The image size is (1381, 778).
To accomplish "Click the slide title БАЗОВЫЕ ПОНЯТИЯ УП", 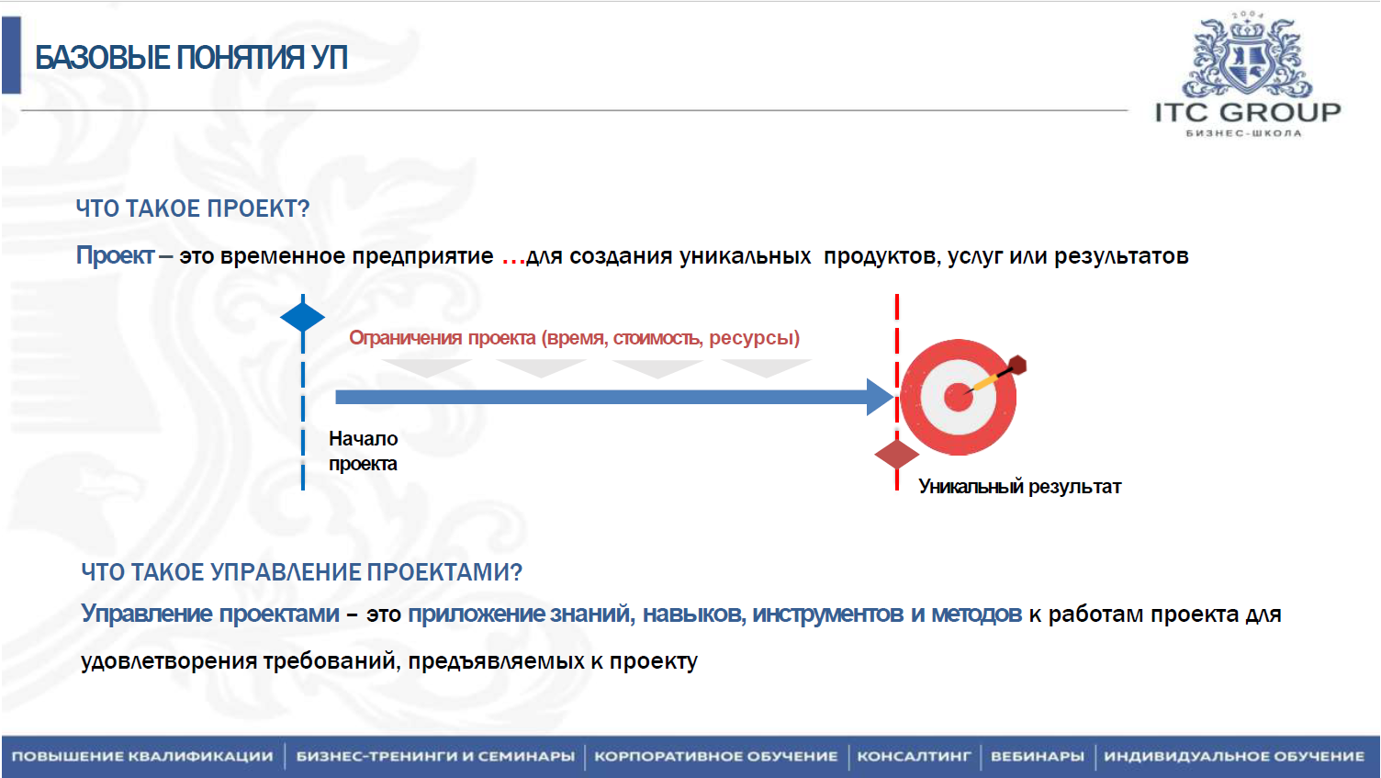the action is click(x=191, y=58).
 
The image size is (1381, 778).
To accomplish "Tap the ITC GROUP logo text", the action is click(x=1248, y=112).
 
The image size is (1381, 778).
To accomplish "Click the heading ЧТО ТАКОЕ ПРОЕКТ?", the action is click(x=192, y=209).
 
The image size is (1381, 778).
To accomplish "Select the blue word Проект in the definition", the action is click(x=116, y=255).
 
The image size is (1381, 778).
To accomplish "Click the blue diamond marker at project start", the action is click(x=302, y=318).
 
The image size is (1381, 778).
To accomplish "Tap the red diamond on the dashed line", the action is click(x=896, y=456).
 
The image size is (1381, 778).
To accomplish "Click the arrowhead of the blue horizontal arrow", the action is click(x=881, y=397).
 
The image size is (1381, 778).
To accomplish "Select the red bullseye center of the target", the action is click(x=958, y=397).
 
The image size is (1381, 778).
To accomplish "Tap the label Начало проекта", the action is click(x=363, y=451).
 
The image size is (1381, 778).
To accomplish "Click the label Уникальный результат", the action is click(x=1020, y=487).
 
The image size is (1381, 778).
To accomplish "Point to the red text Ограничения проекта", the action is click(x=442, y=337).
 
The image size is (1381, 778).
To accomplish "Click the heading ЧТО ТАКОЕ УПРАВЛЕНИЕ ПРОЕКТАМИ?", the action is click(x=301, y=572).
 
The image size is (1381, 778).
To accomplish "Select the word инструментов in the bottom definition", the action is click(x=827, y=614).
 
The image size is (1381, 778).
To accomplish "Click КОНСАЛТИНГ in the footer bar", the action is click(x=914, y=756).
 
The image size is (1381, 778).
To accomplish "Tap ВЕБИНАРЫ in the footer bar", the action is click(x=1037, y=756).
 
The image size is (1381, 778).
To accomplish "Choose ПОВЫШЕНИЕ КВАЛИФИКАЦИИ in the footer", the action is click(x=141, y=756).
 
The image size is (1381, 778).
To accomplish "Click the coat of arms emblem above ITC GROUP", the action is click(x=1248, y=57).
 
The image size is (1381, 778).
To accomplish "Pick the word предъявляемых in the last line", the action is click(x=496, y=661).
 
